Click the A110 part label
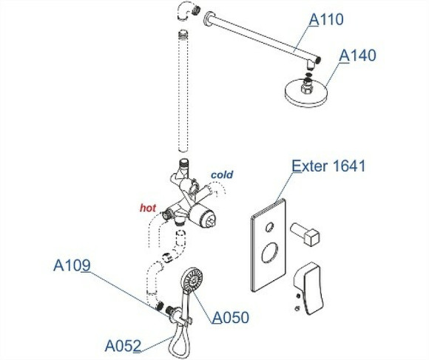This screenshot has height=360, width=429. tap(326, 20)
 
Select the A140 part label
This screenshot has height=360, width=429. tap(357, 55)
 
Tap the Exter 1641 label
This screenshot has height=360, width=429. tap(328, 166)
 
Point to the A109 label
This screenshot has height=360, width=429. tap(72, 265)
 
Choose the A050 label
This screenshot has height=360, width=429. tap(231, 317)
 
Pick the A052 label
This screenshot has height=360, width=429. tap(123, 346)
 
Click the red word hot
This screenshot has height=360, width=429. tap(148, 208)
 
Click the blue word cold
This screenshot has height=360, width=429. tap(222, 174)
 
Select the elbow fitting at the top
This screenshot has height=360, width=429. tap(187, 11)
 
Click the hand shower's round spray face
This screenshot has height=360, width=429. tap(192, 279)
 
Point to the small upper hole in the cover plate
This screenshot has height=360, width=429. tap(269, 227)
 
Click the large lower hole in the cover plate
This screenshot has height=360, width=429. tap(270, 252)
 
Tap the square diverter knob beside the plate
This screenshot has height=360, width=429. tap(305, 233)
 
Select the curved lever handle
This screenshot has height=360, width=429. tap(308, 288)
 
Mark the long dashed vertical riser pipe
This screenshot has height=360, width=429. tap(183, 91)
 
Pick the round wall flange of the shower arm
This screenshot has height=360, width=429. tap(209, 18)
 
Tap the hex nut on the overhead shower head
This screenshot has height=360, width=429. tap(306, 87)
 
